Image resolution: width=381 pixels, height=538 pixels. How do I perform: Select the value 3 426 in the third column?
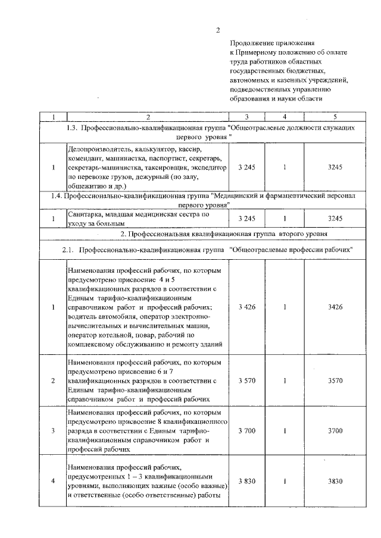[246, 307]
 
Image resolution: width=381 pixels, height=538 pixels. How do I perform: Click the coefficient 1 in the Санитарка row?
[285, 219]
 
